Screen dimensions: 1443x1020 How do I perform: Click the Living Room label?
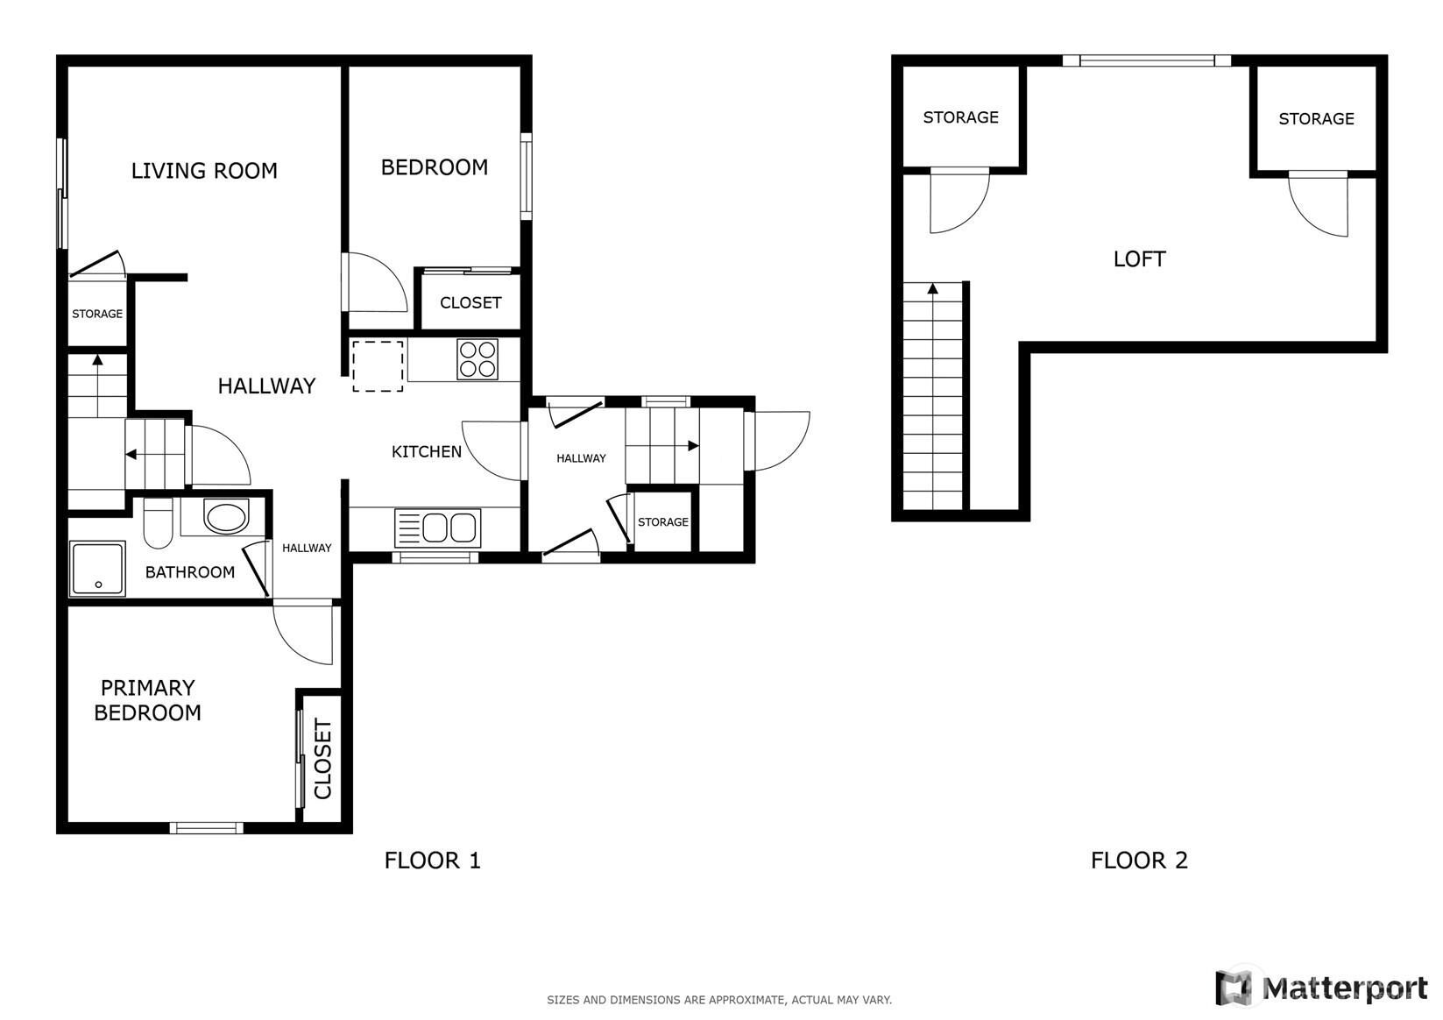(x=204, y=171)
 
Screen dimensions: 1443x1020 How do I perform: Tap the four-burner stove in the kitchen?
(x=477, y=359)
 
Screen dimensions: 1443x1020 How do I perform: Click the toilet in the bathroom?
(x=158, y=523)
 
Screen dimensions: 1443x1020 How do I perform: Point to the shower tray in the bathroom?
(x=97, y=569)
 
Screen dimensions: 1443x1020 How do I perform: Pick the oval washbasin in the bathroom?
(x=225, y=516)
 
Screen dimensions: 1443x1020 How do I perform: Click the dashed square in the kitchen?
(x=378, y=366)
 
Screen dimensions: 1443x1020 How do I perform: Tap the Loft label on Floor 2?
(x=1139, y=259)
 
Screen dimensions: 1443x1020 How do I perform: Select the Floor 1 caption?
(x=432, y=861)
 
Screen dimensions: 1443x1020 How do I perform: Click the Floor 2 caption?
(x=1139, y=861)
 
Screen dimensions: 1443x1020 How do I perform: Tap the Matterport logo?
(x=1321, y=988)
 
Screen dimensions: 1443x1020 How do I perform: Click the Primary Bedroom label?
(x=147, y=700)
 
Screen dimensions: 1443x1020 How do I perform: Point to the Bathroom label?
(x=190, y=572)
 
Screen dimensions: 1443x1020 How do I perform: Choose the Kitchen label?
(x=427, y=451)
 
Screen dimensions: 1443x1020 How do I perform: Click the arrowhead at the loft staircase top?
(x=933, y=288)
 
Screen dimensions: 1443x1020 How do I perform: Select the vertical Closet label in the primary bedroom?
(x=322, y=759)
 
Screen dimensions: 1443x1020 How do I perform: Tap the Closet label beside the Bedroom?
(x=470, y=303)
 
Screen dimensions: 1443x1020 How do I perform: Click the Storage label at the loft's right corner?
(x=1316, y=118)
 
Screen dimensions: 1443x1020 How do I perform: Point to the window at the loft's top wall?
(x=1147, y=60)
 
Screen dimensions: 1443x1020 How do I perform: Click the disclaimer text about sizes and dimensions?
(x=719, y=1000)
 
